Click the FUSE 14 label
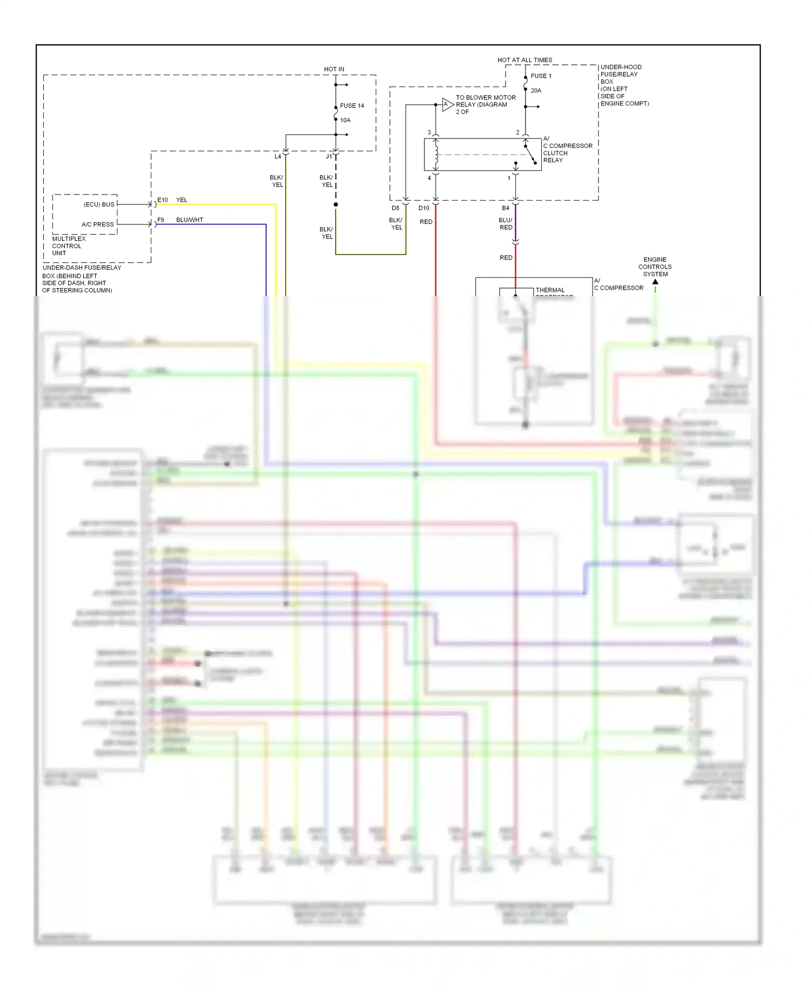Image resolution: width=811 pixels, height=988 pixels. pyautogui.click(x=351, y=105)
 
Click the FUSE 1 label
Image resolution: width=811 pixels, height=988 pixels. pyautogui.click(x=541, y=76)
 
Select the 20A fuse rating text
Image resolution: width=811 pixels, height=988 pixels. pyautogui.click(x=536, y=90)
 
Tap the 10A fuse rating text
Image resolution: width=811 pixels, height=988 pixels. pyautogui.click(x=345, y=120)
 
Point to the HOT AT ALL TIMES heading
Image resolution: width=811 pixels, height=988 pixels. pyautogui.click(x=524, y=60)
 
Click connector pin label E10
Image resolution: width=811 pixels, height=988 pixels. pyautogui.click(x=163, y=200)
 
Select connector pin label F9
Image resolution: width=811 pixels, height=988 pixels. pyautogui.click(x=161, y=220)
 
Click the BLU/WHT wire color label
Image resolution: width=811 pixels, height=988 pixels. pyautogui.click(x=189, y=220)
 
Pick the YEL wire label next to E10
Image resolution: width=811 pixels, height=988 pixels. pyautogui.click(x=182, y=200)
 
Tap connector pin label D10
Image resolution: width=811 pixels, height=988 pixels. pyautogui.click(x=424, y=208)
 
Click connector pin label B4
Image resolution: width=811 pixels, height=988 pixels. pyautogui.click(x=506, y=208)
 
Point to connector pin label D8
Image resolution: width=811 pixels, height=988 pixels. pyautogui.click(x=395, y=208)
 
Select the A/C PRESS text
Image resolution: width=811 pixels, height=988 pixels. pyautogui.click(x=97, y=224)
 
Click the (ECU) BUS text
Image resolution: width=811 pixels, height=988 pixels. pyautogui.click(x=99, y=204)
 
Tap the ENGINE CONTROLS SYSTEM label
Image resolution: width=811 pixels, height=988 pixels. pyautogui.click(x=655, y=266)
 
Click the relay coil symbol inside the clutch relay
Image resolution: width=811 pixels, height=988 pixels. pyautogui.click(x=436, y=155)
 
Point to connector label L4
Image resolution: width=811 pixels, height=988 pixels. pyautogui.click(x=277, y=157)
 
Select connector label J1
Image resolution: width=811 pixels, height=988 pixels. pyautogui.click(x=329, y=157)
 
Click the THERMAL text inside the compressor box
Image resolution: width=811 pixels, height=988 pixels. pyautogui.click(x=550, y=290)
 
